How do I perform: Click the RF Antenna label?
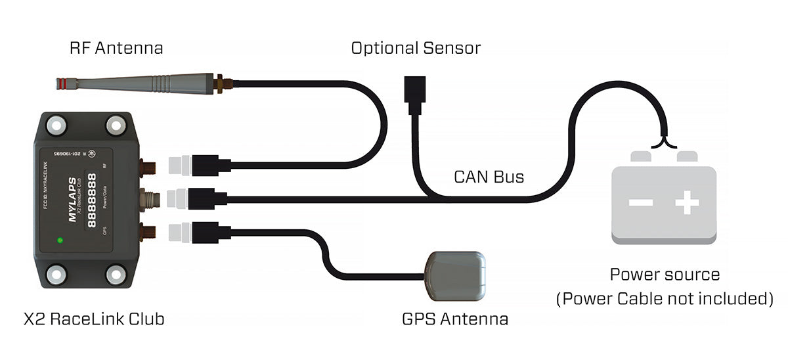tap(116, 48)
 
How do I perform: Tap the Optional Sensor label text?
tap(415, 48)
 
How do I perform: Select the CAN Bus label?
tap(489, 177)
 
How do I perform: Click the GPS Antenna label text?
tap(454, 319)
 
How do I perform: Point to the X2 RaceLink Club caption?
tap(93, 319)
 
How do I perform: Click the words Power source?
tap(665, 275)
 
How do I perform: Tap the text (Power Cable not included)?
tap(665, 299)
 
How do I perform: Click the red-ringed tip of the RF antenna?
tap(60, 83)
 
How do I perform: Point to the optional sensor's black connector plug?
tap(416, 92)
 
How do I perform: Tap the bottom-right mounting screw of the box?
tap(116, 273)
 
